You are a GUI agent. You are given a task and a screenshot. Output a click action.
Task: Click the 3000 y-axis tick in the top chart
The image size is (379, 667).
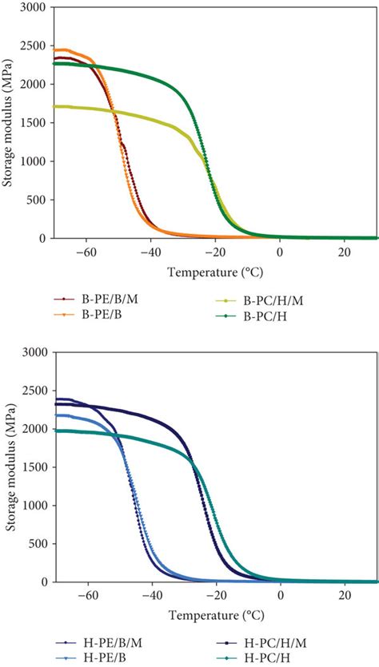[35, 7]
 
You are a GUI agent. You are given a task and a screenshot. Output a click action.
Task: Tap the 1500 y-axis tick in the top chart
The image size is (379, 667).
[35, 123]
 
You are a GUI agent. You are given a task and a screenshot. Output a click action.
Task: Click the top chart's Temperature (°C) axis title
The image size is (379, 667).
[213, 272]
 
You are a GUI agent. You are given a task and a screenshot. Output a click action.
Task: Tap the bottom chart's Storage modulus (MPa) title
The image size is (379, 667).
[10, 467]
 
